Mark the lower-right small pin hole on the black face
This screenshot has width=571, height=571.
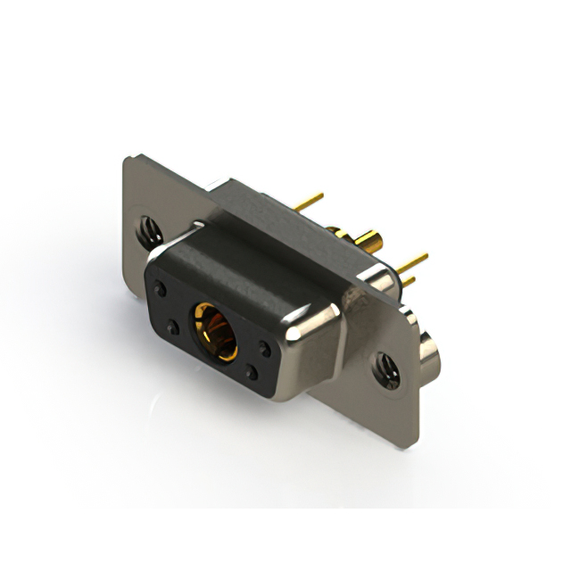pos(252,374)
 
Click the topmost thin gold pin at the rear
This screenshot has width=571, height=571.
pos(309,203)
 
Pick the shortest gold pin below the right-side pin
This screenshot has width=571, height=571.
pos(407,281)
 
